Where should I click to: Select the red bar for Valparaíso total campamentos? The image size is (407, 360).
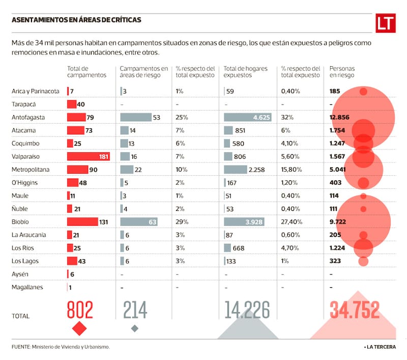(x=89, y=156)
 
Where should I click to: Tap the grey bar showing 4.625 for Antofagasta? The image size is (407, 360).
(x=248, y=117)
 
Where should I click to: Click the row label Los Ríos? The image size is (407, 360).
(x=22, y=248)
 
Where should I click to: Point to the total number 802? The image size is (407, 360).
(x=80, y=310)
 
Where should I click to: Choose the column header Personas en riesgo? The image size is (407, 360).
(x=342, y=72)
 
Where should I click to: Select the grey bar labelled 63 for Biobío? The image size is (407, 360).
(x=139, y=222)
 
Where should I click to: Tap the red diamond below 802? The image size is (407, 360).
(x=79, y=328)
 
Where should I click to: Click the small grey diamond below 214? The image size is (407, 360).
(x=134, y=328)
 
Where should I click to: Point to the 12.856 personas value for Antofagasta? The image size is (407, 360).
(x=340, y=117)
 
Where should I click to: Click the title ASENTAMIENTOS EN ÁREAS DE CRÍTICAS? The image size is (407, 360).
(x=76, y=20)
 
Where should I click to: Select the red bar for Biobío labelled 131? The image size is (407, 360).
(x=82, y=222)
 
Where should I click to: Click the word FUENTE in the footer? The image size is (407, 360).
(x=20, y=347)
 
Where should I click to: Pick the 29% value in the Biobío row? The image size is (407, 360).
(x=182, y=222)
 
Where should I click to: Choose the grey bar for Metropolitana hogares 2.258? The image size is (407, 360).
(x=242, y=170)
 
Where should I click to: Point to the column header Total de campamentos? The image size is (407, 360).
(x=86, y=72)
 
